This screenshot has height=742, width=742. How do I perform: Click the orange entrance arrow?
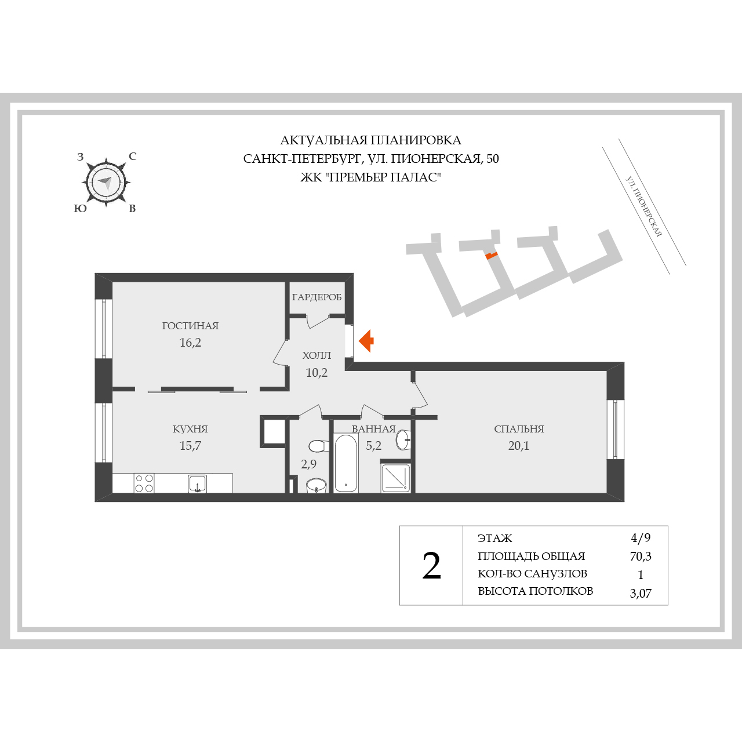(366, 341)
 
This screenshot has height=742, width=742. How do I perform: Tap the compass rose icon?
(106, 182)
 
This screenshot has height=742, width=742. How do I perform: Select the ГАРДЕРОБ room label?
(317, 297)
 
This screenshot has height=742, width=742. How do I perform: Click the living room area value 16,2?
(190, 343)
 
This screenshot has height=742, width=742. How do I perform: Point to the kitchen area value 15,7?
(190, 446)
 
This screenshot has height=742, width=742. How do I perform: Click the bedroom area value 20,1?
(519, 446)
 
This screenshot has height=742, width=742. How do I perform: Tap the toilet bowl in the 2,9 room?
(319, 446)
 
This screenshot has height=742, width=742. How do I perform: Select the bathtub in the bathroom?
(345, 463)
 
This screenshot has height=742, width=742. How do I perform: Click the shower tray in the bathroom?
(395, 478)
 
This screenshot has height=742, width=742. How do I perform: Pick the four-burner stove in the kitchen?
(144, 483)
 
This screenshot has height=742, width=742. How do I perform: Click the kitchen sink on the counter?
(198, 483)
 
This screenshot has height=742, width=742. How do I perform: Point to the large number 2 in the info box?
(431, 566)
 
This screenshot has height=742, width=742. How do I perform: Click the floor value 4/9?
(641, 537)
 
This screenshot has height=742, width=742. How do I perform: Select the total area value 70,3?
(641, 556)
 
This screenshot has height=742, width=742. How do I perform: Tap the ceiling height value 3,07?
(641, 593)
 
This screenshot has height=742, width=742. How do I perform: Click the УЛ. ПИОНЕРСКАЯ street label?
(643, 206)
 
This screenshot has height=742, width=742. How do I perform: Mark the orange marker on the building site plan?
(492, 255)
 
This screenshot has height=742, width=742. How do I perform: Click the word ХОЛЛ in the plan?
(317, 355)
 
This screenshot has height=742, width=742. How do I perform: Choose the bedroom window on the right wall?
(615, 430)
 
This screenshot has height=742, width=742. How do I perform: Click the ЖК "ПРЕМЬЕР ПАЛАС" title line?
(370, 177)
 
